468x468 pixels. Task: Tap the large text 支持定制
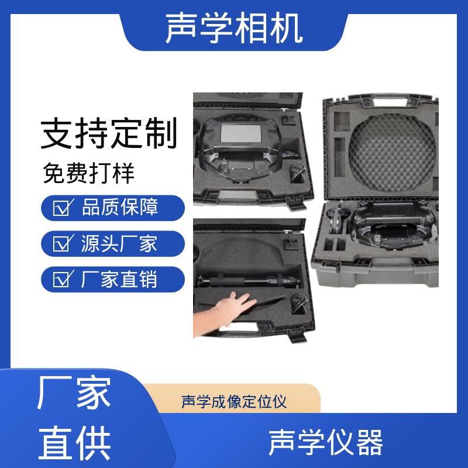click(x=109, y=133)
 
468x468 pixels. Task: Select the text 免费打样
click(x=89, y=173)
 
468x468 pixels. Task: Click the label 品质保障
click(x=120, y=207)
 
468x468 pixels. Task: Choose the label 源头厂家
click(x=119, y=243)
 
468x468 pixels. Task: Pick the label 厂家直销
click(x=119, y=279)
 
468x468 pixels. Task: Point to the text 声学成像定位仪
click(x=234, y=401)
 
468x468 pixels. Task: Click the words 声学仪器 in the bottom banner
click(x=326, y=443)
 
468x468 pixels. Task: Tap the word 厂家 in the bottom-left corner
click(x=74, y=392)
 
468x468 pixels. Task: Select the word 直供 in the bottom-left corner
click(x=75, y=443)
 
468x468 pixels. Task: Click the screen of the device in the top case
click(x=240, y=134)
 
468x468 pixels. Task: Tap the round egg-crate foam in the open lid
click(x=391, y=153)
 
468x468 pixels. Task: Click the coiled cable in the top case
click(x=298, y=173)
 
